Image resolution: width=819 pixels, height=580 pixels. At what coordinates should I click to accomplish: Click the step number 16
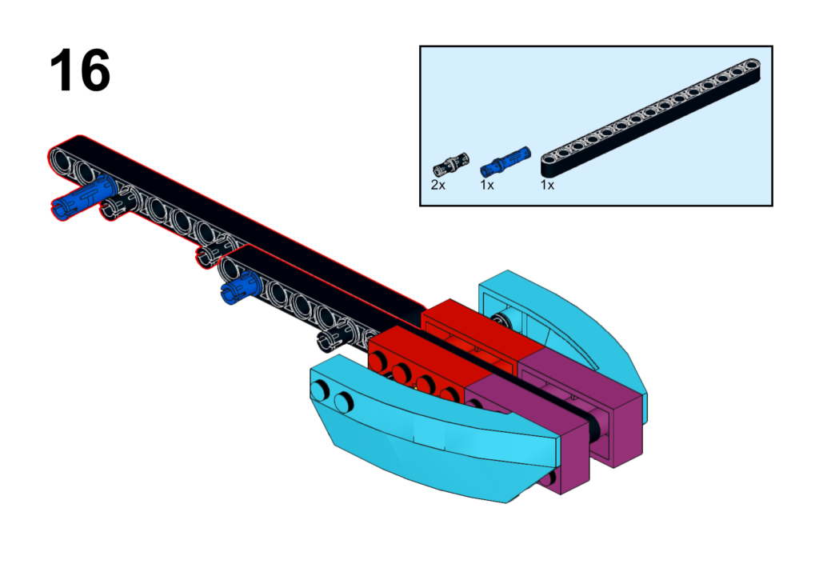[80, 70]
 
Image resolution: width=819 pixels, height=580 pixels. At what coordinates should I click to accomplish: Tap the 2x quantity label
[438, 185]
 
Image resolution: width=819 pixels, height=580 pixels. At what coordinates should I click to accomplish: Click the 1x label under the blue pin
[487, 185]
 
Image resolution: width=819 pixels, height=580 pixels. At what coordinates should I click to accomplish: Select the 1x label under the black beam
[547, 185]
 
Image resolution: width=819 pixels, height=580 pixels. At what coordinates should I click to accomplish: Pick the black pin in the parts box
[451, 165]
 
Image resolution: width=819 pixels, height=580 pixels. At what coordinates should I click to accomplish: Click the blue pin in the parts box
[505, 161]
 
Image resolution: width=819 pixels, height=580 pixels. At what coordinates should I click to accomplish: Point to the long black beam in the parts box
[650, 118]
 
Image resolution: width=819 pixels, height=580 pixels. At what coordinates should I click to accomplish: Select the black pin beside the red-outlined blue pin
[117, 207]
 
